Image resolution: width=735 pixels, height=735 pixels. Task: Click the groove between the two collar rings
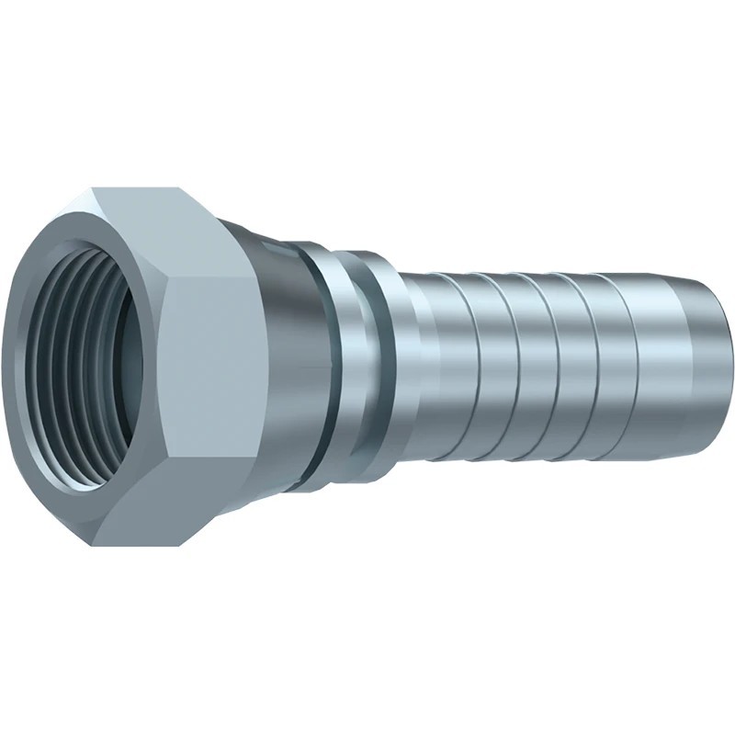coord(365,367)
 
